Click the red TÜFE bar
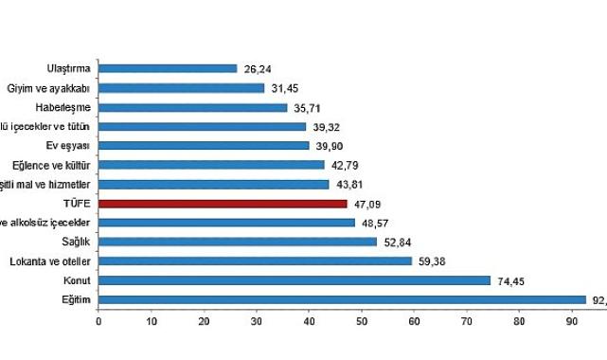(x=223, y=203)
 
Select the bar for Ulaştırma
(x=168, y=68)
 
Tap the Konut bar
(x=295, y=280)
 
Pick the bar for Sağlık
(x=238, y=242)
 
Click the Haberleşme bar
(x=192, y=107)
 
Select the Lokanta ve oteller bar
(x=255, y=261)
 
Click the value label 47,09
(x=366, y=203)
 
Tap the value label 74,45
(x=509, y=280)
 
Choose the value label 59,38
(x=430, y=261)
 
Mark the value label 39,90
(x=328, y=145)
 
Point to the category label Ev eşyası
(x=69, y=145)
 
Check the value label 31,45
(x=283, y=88)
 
